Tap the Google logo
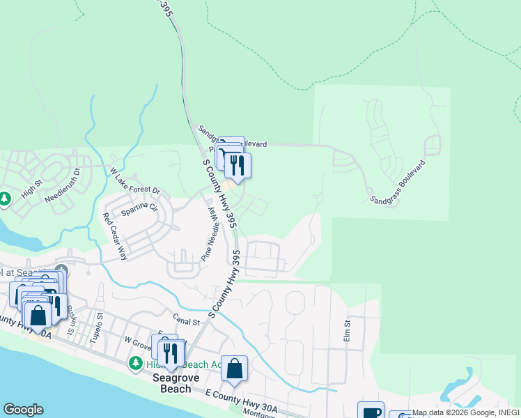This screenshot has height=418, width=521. (x=23, y=410)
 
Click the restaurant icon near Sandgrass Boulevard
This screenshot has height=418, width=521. (x=238, y=165)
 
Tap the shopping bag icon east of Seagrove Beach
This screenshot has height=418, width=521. (x=235, y=369)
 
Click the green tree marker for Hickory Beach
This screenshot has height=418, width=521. (x=136, y=364)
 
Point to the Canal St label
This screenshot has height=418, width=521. (x=186, y=322)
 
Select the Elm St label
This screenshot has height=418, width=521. (x=346, y=325)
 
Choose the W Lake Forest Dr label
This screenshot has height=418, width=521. (x=134, y=181)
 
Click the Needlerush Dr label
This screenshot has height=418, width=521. (x=63, y=184)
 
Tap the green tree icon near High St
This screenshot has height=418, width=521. (x=5, y=199)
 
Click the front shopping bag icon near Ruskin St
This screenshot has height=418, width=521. (x=38, y=316)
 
